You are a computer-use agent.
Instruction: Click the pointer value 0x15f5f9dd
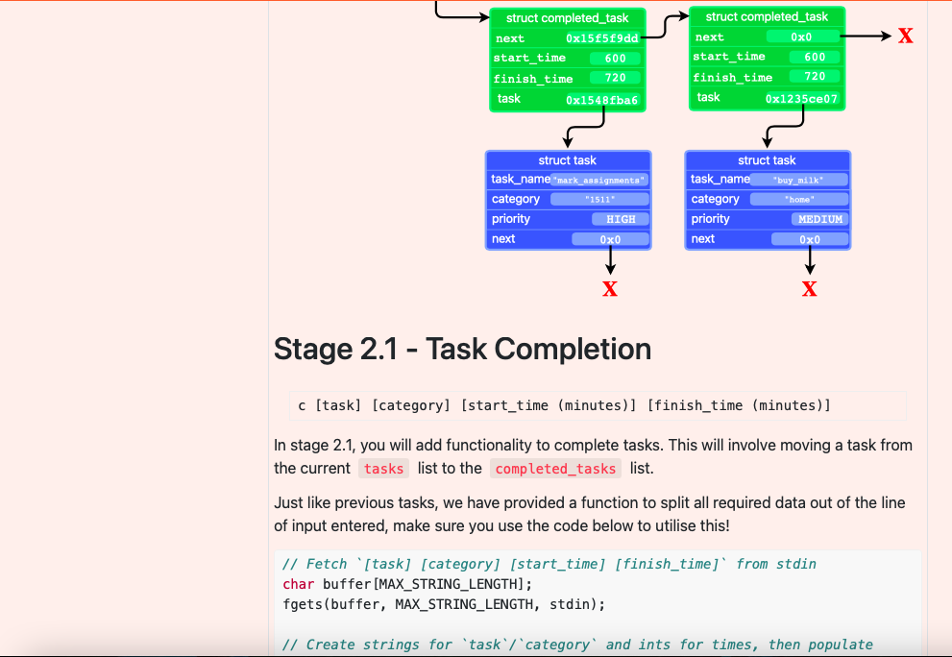tap(601, 38)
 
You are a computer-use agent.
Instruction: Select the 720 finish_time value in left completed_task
tap(615, 78)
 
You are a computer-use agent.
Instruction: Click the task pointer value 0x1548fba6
tap(601, 100)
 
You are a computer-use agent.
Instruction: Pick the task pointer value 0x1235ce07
tap(801, 99)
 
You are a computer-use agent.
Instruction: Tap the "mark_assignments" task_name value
tap(599, 180)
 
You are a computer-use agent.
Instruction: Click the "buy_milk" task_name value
tap(798, 180)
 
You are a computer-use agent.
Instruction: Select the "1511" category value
tap(599, 199)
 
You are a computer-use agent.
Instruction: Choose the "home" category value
tap(798, 199)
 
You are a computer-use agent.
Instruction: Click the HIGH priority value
tap(621, 219)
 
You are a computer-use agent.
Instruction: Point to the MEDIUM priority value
tap(819, 219)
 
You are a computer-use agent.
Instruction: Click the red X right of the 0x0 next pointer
tap(905, 36)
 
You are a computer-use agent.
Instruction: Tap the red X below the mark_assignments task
tap(610, 289)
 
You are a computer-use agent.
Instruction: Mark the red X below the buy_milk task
tap(810, 289)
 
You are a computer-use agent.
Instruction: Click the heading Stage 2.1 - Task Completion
tap(462, 349)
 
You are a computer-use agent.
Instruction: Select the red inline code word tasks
tap(384, 469)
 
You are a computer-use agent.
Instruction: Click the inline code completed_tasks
tap(555, 469)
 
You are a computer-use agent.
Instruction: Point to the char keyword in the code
tap(298, 584)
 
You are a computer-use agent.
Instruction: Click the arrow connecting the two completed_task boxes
tap(665, 26)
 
